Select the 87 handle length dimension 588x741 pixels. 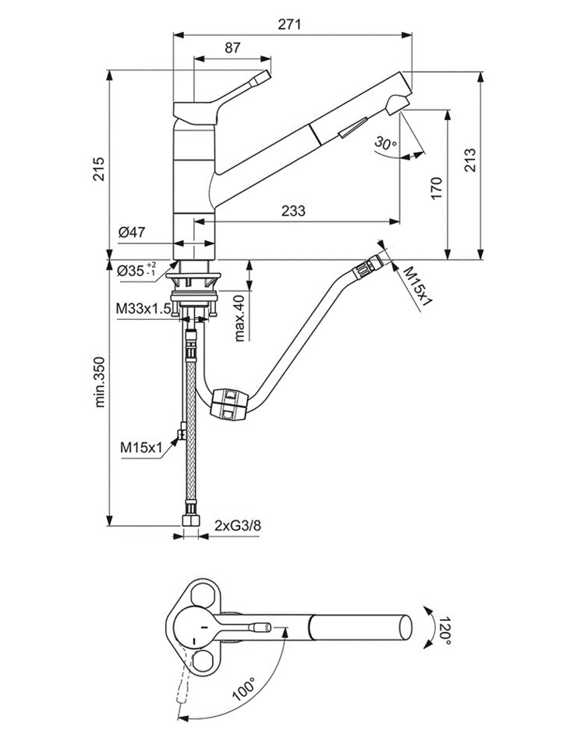[232, 48]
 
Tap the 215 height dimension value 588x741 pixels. [98, 165]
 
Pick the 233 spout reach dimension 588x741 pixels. [292, 211]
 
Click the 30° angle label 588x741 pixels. [385, 143]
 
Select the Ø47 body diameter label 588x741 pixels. [133, 232]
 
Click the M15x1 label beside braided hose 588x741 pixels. [140, 447]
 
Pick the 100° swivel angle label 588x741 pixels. [244, 686]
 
